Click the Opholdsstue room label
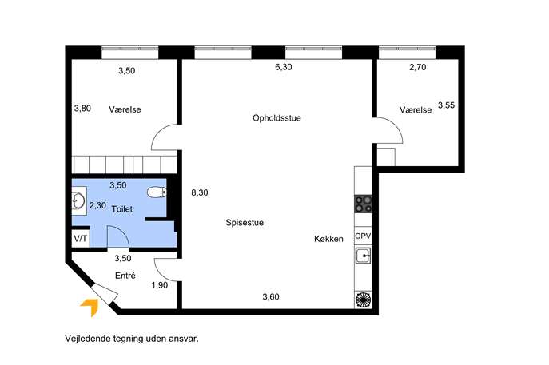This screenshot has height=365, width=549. click(x=276, y=118)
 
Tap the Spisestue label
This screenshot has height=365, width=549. click(x=245, y=223)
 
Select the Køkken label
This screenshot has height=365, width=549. click(x=328, y=239)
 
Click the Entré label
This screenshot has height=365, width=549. click(x=125, y=276)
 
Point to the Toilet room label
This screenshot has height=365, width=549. click(x=122, y=209)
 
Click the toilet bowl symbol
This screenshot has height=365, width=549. click(x=157, y=192)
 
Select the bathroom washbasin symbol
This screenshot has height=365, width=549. click(x=78, y=201)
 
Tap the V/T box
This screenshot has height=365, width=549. click(x=81, y=239)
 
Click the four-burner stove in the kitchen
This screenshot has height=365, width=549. click(x=363, y=204)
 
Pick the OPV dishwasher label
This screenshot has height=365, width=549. click(x=363, y=236)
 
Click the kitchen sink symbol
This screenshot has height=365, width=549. click(x=363, y=256)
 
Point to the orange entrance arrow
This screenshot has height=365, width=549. click(x=90, y=307)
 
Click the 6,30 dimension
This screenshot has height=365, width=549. click(x=284, y=67)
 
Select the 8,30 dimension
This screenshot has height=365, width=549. click(x=200, y=192)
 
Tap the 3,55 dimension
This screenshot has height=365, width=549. click(x=447, y=105)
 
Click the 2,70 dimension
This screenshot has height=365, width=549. click(x=418, y=67)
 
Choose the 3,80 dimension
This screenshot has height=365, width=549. click(x=82, y=109)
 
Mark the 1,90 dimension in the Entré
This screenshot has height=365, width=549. click(x=160, y=285)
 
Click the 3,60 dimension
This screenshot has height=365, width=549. click(x=271, y=297)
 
